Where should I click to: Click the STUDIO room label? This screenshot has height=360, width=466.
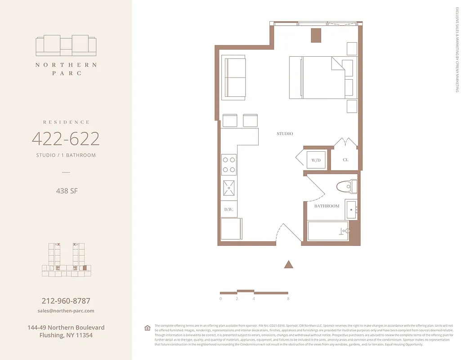pos(285,134)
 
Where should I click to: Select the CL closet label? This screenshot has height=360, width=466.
pos(345,160)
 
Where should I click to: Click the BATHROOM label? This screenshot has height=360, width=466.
pos(327,206)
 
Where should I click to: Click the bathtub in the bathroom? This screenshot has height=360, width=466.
pos(328,231)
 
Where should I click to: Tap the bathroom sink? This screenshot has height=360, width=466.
pos(351,210)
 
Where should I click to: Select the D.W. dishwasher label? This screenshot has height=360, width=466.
pos(228,209)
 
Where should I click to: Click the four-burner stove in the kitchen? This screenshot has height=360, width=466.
pos(229,164)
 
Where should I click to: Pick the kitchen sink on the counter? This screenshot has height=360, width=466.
pos(229,188)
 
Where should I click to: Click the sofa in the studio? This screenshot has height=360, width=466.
pos(234,77)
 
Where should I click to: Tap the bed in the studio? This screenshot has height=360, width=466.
pos(317,77)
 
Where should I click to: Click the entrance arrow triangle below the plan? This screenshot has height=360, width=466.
pos(289,265)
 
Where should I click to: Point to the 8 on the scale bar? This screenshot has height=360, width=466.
pos(288,299)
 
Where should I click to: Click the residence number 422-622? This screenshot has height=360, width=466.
pos(66,139)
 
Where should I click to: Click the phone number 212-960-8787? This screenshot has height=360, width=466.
pos(66,301)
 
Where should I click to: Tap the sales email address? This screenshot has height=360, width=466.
pos(66,311)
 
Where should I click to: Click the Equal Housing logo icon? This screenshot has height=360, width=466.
pos(147,328)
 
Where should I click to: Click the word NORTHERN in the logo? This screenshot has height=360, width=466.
pos(66,65)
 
